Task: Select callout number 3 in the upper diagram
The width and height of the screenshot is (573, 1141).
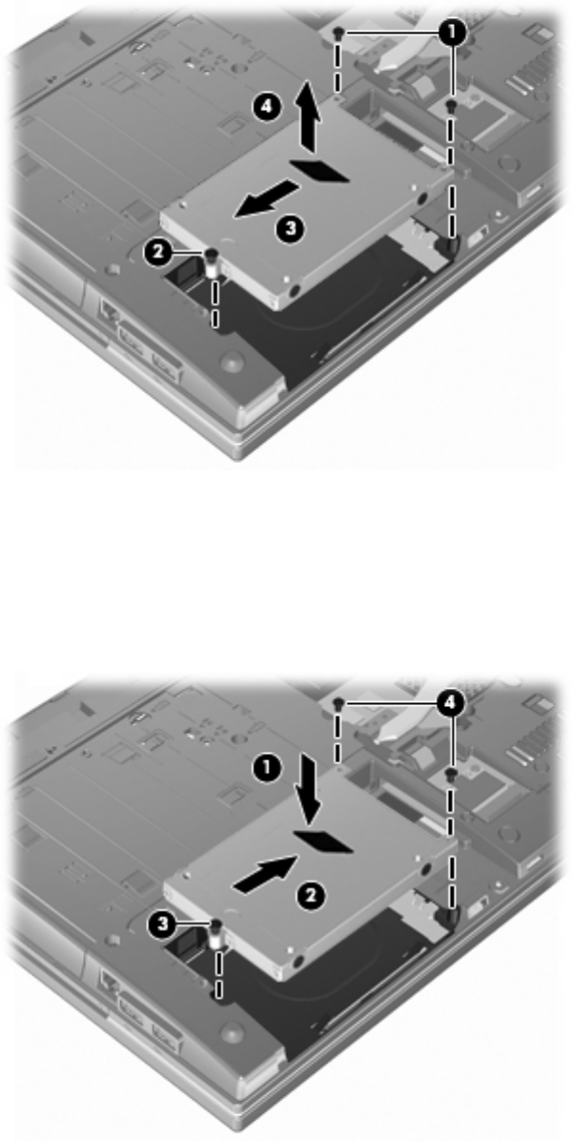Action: pyautogui.click(x=290, y=229)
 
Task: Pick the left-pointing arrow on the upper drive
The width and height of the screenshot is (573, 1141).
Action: pyautogui.click(x=265, y=198)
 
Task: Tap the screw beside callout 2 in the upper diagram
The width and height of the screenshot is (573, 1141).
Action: pyautogui.click(x=213, y=260)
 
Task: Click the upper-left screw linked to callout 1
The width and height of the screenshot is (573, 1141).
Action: pyautogui.click(x=339, y=32)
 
